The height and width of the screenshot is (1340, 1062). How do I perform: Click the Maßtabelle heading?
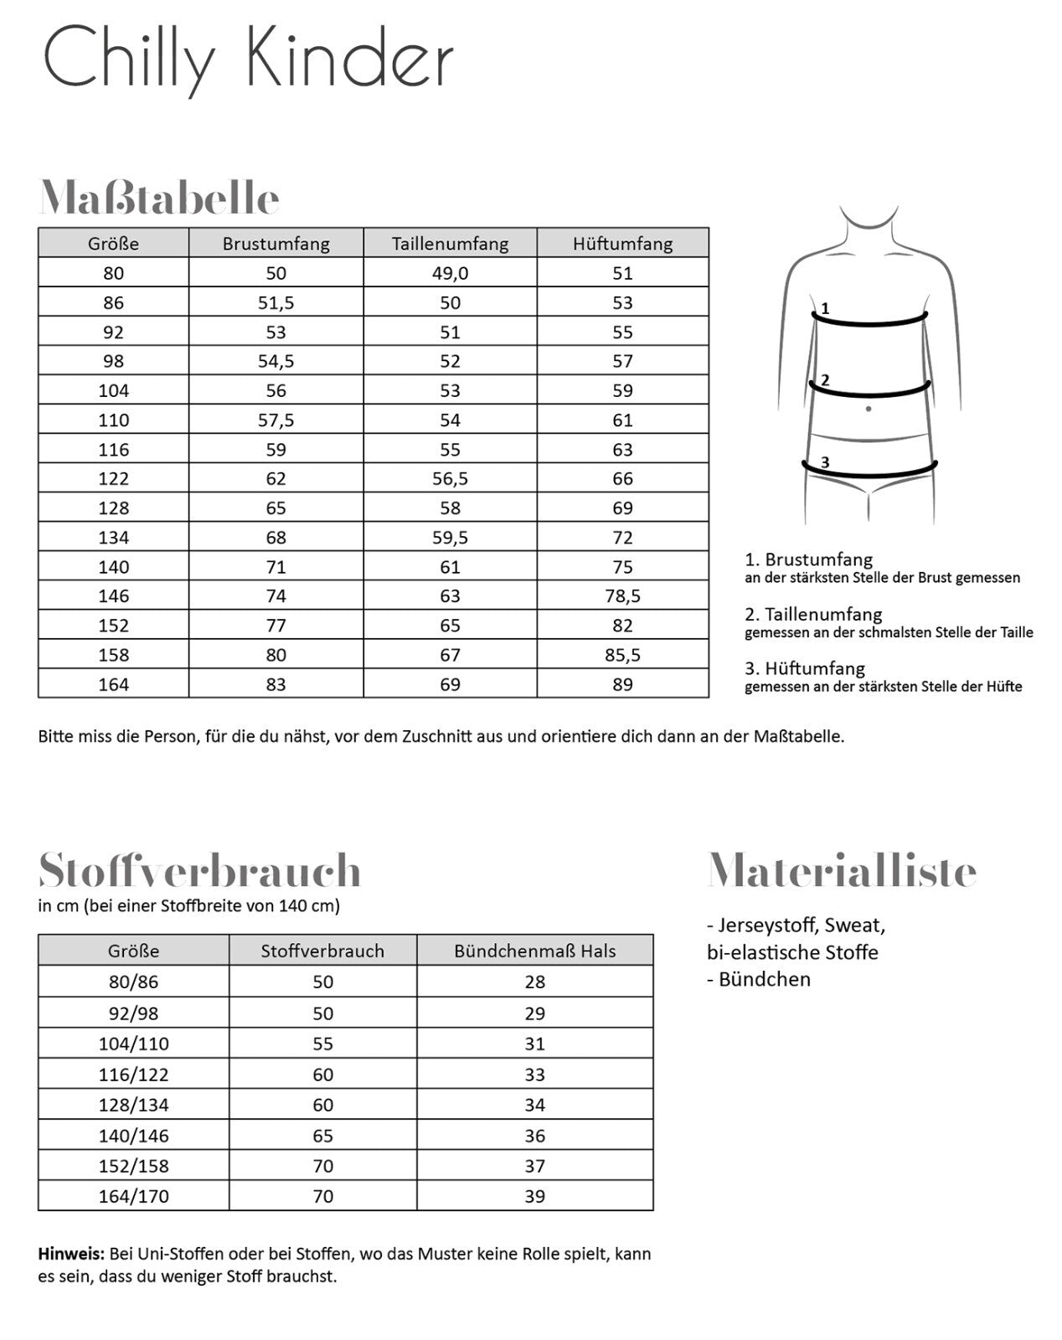[x=159, y=198]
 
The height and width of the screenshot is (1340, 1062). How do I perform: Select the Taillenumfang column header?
[x=450, y=244]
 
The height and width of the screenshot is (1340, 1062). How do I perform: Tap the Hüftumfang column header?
[x=622, y=244]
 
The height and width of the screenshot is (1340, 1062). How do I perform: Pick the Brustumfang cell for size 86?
[x=276, y=302]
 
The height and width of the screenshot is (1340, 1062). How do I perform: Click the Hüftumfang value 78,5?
[x=622, y=596]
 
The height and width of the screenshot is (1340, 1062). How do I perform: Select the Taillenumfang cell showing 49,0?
[x=450, y=273]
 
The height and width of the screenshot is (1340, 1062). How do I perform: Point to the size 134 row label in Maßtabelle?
[x=113, y=538]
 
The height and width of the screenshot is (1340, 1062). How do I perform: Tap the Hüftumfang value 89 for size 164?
[x=622, y=684]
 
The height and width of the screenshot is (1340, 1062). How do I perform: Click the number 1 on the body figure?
[x=825, y=308]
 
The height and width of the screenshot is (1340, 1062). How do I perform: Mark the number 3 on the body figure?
[x=825, y=462]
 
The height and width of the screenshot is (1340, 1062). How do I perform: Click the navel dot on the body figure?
[x=869, y=409]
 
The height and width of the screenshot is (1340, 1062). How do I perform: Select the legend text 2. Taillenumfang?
[x=813, y=614]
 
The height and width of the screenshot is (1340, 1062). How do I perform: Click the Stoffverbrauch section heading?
[x=199, y=870]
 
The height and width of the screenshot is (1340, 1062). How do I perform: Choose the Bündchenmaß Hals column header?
[x=534, y=951]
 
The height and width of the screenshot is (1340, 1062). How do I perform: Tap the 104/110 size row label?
[x=133, y=1044]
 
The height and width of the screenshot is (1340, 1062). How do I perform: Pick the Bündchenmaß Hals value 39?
[x=534, y=1196]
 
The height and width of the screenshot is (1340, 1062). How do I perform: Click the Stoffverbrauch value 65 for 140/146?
[x=322, y=1136]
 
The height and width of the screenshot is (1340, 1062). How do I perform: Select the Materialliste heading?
[x=842, y=870]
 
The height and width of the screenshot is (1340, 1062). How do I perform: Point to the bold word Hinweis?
[x=71, y=1255]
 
